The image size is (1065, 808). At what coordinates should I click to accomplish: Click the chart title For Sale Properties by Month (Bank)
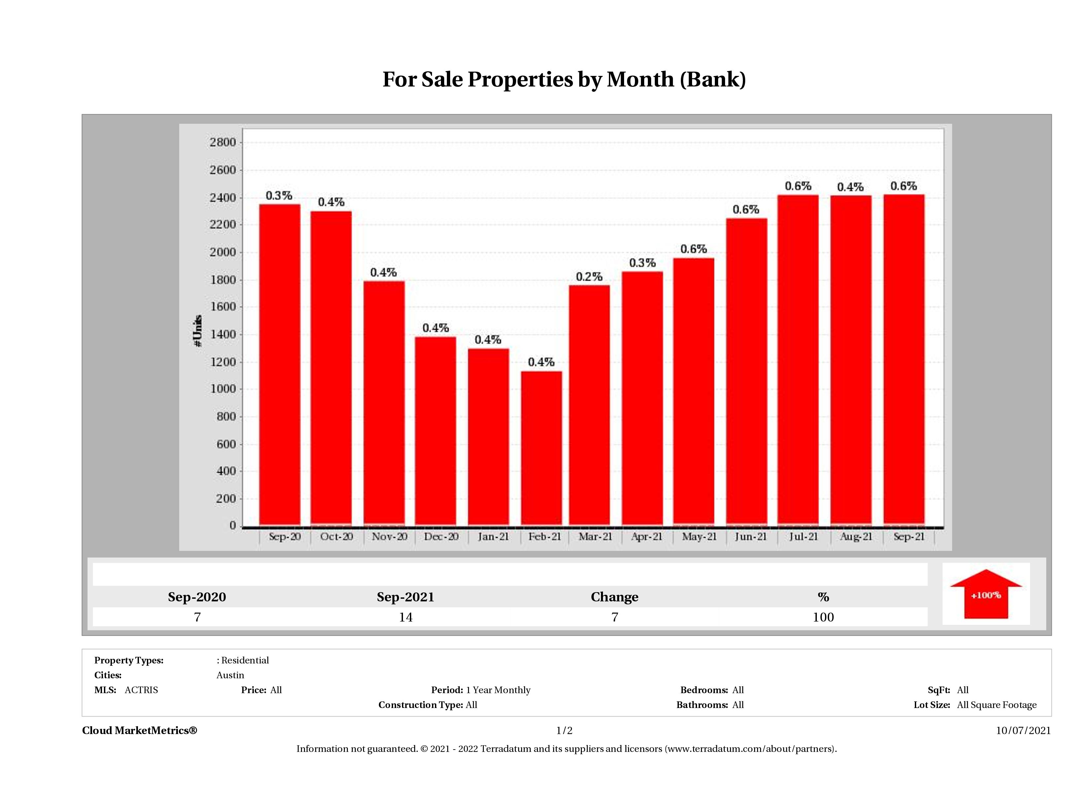click(564, 80)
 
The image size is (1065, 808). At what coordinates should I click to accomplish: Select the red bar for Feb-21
click(541, 448)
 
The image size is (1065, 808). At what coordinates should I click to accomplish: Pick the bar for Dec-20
click(435, 431)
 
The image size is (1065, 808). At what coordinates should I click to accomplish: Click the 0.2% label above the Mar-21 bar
click(589, 277)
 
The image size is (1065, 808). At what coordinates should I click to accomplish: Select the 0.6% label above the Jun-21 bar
click(746, 210)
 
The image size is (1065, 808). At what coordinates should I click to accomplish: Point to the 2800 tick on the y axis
click(222, 143)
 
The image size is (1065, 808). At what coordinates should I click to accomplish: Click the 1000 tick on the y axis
click(222, 389)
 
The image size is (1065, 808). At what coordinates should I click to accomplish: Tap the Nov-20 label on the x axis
click(389, 536)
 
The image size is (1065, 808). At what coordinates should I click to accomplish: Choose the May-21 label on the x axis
click(699, 536)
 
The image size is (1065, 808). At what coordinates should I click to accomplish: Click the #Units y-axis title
click(197, 330)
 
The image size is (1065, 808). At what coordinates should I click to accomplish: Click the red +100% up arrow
click(985, 595)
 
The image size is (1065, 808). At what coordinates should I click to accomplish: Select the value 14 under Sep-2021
click(405, 617)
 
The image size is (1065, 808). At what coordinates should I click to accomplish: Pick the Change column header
click(615, 597)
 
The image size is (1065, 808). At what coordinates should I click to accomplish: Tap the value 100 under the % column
click(823, 617)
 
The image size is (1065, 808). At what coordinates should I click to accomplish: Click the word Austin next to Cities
click(230, 675)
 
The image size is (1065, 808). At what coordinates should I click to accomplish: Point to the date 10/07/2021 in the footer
click(1023, 730)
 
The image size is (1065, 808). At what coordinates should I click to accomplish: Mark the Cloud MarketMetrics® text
click(140, 730)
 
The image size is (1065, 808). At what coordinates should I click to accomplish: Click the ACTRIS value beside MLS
click(141, 690)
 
